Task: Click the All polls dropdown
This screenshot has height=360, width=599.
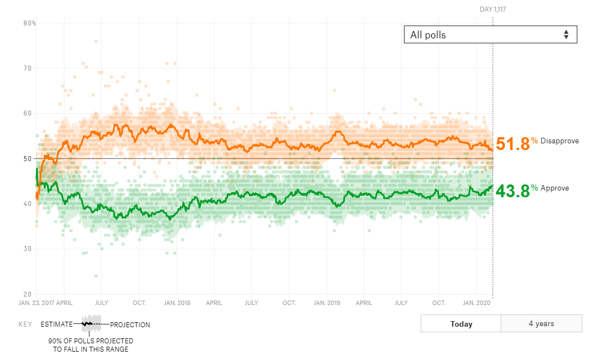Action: tap(490, 34)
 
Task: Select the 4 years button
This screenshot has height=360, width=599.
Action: tap(541, 323)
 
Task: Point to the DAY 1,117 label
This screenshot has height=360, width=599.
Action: tap(493, 9)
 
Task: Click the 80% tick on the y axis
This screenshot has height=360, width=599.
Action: tap(29, 23)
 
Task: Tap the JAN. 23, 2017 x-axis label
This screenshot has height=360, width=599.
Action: tap(37, 303)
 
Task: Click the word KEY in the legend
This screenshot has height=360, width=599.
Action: tap(25, 324)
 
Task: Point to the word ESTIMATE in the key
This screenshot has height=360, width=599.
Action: tap(56, 324)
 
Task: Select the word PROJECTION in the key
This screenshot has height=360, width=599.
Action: tap(130, 324)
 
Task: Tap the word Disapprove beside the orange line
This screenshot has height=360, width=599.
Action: tap(560, 141)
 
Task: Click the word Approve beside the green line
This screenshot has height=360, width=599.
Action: tap(555, 188)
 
